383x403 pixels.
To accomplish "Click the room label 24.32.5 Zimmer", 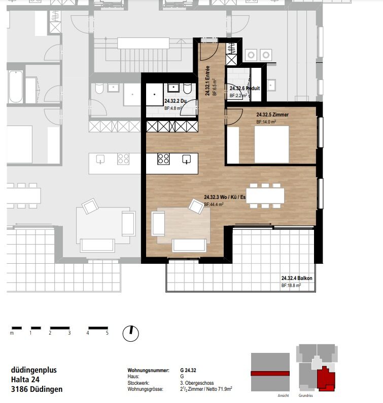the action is pyautogui.click(x=272, y=114).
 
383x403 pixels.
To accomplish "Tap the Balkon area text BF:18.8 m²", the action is pyautogui.click(x=291, y=285).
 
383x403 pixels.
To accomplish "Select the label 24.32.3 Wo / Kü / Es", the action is pyautogui.click(x=225, y=197).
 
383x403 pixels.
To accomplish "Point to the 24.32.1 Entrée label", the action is pyautogui.click(x=207, y=80).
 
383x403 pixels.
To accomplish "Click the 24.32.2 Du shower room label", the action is pyautogui.click(x=175, y=101).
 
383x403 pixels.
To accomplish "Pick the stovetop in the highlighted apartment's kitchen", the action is pyautogui.click(x=163, y=159).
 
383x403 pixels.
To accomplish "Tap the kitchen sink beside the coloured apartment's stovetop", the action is pyautogui.click(x=187, y=159).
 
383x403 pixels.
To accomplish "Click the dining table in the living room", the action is pyautogui.click(x=265, y=195).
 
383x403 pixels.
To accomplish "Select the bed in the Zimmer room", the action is pyautogui.click(x=271, y=144).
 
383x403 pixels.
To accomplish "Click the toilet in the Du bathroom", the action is pyautogui.click(x=188, y=89).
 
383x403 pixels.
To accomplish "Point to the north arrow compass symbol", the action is pyautogui.click(x=130, y=333).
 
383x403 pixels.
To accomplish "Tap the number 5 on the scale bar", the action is pyautogui.click(x=107, y=333).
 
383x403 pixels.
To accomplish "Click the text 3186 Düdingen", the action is pyautogui.click(x=37, y=389).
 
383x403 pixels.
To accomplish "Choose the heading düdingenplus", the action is pyautogui.click(x=34, y=370).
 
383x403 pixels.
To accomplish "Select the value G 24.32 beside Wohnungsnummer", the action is pyautogui.click(x=188, y=371).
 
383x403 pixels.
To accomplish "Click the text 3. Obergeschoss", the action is pyautogui.click(x=197, y=383).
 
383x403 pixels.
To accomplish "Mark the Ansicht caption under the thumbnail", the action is pyautogui.click(x=283, y=395).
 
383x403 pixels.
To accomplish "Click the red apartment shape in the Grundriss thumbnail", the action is pyautogui.click(x=326, y=378).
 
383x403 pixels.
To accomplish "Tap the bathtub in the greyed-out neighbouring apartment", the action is pyautogui.click(x=16, y=87).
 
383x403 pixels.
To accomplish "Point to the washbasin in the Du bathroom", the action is pyautogui.click(x=173, y=88).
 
